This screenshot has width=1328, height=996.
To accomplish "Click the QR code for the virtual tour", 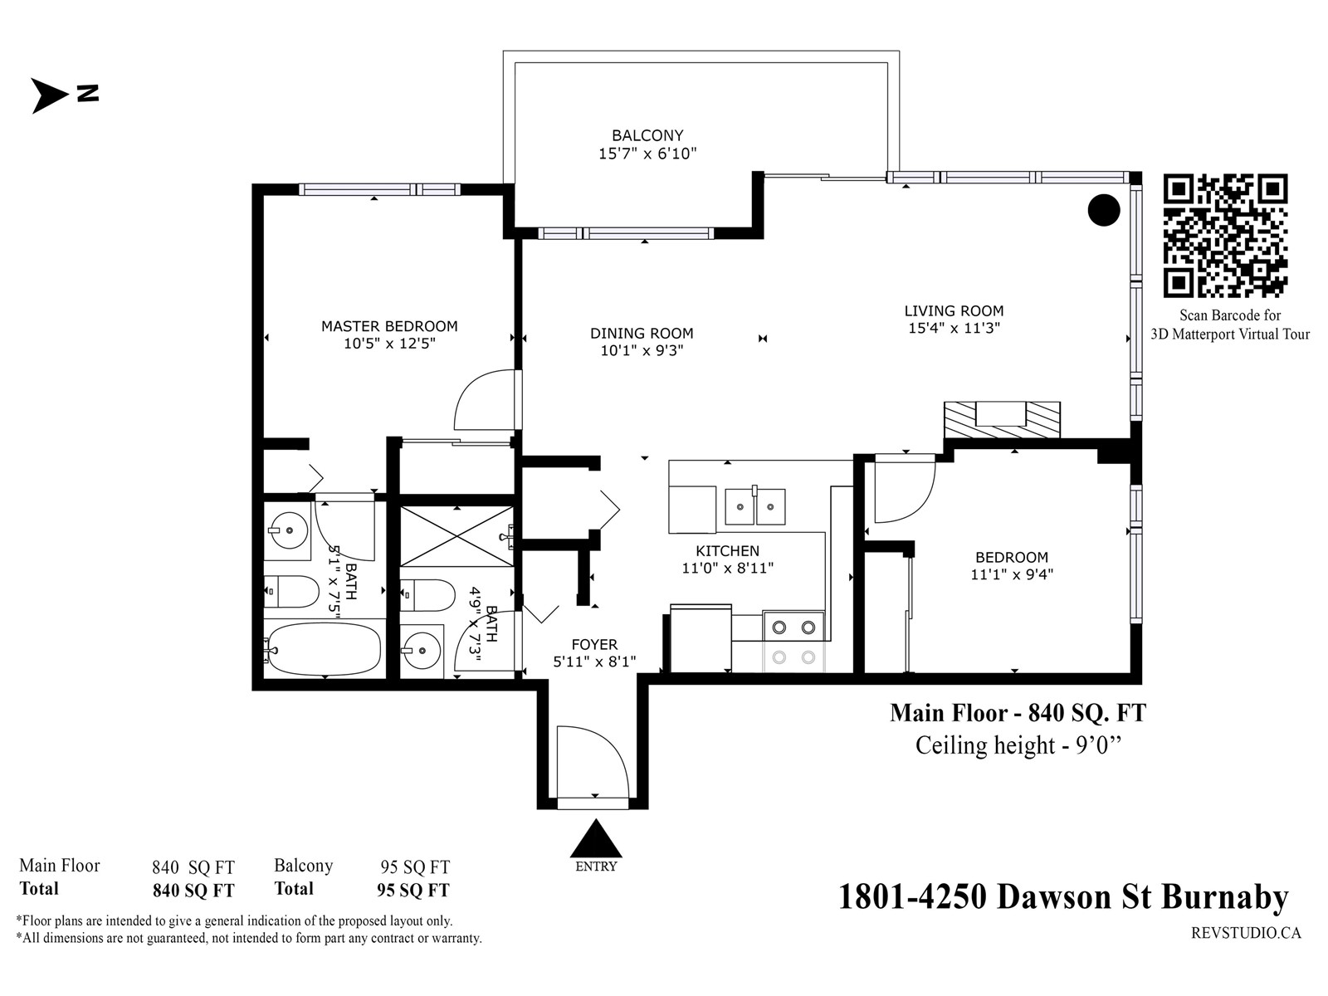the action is pyautogui.click(x=1225, y=236).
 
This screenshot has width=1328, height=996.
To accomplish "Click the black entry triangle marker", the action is pyautogui.click(x=596, y=838).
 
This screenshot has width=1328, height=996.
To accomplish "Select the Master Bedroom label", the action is pyautogui.click(x=389, y=326).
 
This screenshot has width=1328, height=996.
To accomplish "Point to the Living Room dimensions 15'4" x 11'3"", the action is pyautogui.click(x=954, y=328).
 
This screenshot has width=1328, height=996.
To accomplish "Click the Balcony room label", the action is pyautogui.click(x=647, y=135).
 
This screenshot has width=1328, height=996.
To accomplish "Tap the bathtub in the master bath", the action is pyautogui.click(x=325, y=650).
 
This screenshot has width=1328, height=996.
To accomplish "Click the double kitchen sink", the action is pyautogui.click(x=755, y=506).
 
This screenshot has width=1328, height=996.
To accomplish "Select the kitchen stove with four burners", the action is pyautogui.click(x=793, y=642).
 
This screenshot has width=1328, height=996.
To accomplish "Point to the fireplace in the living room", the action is pyautogui.click(x=1002, y=420).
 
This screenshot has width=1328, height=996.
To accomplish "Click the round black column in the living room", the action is pyautogui.click(x=1104, y=211).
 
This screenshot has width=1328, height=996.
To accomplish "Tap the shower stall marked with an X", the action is pyautogui.click(x=456, y=536).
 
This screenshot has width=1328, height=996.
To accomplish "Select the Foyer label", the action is pyautogui.click(x=595, y=645).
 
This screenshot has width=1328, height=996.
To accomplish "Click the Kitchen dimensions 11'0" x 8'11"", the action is pyautogui.click(x=728, y=568).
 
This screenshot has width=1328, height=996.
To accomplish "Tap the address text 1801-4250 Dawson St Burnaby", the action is pyautogui.click(x=1063, y=898).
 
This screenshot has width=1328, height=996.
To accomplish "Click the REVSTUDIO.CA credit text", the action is pyautogui.click(x=1247, y=933).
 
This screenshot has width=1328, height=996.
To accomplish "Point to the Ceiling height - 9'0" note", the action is pyautogui.click(x=1018, y=745).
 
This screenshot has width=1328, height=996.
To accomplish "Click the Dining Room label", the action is pyautogui.click(x=642, y=333).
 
